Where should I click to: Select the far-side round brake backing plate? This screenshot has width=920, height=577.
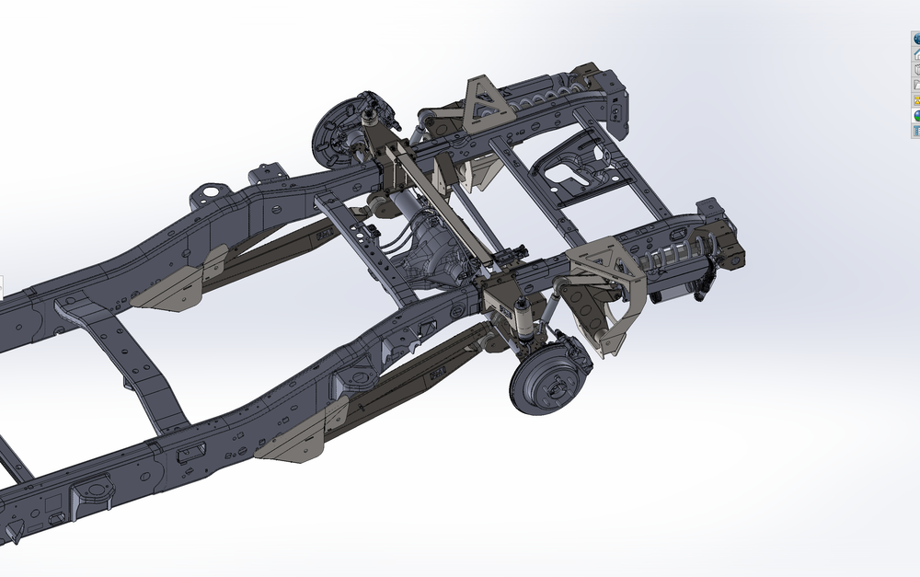(332, 130)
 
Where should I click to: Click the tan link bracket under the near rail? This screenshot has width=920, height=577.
(299, 437)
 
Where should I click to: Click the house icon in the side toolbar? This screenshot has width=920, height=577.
(916, 54)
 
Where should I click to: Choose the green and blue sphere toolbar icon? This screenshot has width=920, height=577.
(916, 115)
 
